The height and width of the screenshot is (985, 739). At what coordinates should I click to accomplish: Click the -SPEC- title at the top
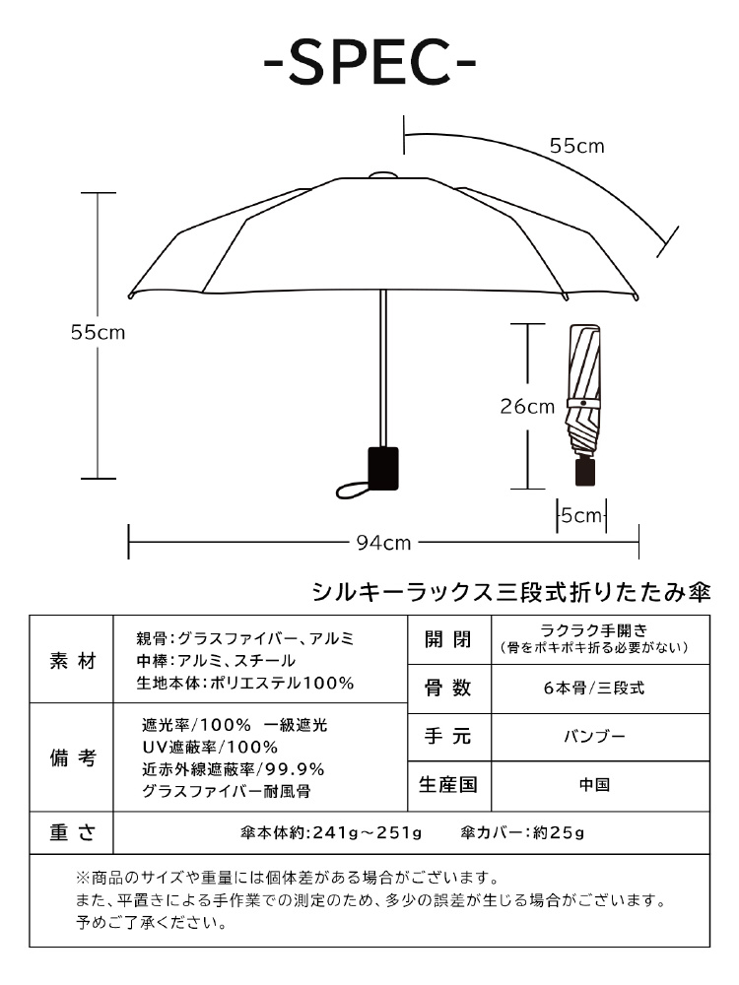click(369, 63)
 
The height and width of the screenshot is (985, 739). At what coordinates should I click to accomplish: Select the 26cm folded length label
click(527, 406)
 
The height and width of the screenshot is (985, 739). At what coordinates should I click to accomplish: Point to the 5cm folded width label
click(580, 515)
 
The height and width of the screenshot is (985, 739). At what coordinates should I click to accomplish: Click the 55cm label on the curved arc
click(576, 146)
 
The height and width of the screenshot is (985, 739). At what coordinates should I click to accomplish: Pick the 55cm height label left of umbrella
click(98, 333)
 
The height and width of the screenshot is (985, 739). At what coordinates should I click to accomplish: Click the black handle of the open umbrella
click(383, 468)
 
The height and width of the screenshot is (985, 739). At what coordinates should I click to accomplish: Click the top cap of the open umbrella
click(382, 176)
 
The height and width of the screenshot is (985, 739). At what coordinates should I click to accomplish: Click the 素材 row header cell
click(73, 661)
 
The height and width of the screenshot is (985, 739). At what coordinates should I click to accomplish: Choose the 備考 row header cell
click(73, 758)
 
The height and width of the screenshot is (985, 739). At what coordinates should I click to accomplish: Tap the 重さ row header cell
click(73, 832)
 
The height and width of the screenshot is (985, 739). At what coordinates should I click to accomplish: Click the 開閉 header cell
click(447, 640)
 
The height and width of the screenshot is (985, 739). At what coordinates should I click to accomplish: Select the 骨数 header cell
click(447, 689)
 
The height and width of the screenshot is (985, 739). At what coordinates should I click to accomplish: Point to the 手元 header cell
click(447, 737)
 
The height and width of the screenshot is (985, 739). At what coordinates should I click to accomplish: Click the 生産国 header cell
click(447, 785)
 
